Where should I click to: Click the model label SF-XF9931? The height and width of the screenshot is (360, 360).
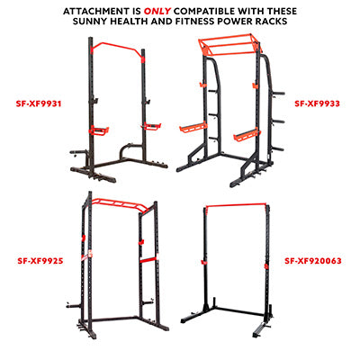click(x=39, y=103)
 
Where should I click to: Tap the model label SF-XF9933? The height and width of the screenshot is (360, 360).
click(x=318, y=103)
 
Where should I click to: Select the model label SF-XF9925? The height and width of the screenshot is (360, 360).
click(x=40, y=261)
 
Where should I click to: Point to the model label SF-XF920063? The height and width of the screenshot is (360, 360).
click(x=313, y=261)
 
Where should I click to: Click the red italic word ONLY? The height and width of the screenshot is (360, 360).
click(x=157, y=12)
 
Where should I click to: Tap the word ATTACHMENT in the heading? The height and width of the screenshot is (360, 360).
click(x=96, y=12)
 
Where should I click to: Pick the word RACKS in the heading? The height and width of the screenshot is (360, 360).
click(x=271, y=22)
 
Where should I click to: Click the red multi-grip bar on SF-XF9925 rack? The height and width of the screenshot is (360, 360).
click(x=120, y=204)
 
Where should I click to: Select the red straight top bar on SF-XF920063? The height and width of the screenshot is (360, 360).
click(x=237, y=205)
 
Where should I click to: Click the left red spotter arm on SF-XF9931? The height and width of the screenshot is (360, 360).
click(x=98, y=130)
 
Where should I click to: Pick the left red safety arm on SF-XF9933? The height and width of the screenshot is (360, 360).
click(x=193, y=127)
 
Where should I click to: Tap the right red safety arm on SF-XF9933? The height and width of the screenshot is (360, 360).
click(x=246, y=135)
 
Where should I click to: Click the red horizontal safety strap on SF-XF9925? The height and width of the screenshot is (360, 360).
click(x=149, y=260)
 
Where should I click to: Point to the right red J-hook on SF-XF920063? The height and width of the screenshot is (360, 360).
click(x=266, y=265)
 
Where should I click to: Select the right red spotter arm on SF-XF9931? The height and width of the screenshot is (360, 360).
click(x=151, y=126)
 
